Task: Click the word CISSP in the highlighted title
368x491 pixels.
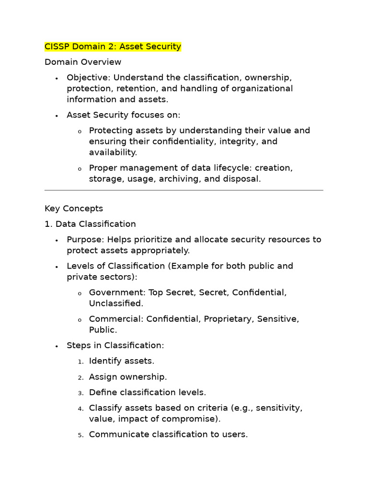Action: (x=57, y=47)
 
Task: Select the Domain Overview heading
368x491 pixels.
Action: (x=83, y=62)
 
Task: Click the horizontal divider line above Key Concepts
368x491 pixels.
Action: (x=184, y=190)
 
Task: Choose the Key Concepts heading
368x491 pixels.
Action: (x=74, y=209)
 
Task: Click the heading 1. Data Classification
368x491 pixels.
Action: (x=90, y=224)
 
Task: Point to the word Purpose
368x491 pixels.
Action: (x=85, y=239)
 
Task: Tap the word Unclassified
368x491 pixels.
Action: (x=115, y=304)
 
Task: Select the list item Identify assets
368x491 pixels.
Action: (x=122, y=361)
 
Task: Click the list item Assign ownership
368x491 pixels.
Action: (x=128, y=377)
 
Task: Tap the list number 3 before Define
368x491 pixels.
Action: (x=80, y=393)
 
